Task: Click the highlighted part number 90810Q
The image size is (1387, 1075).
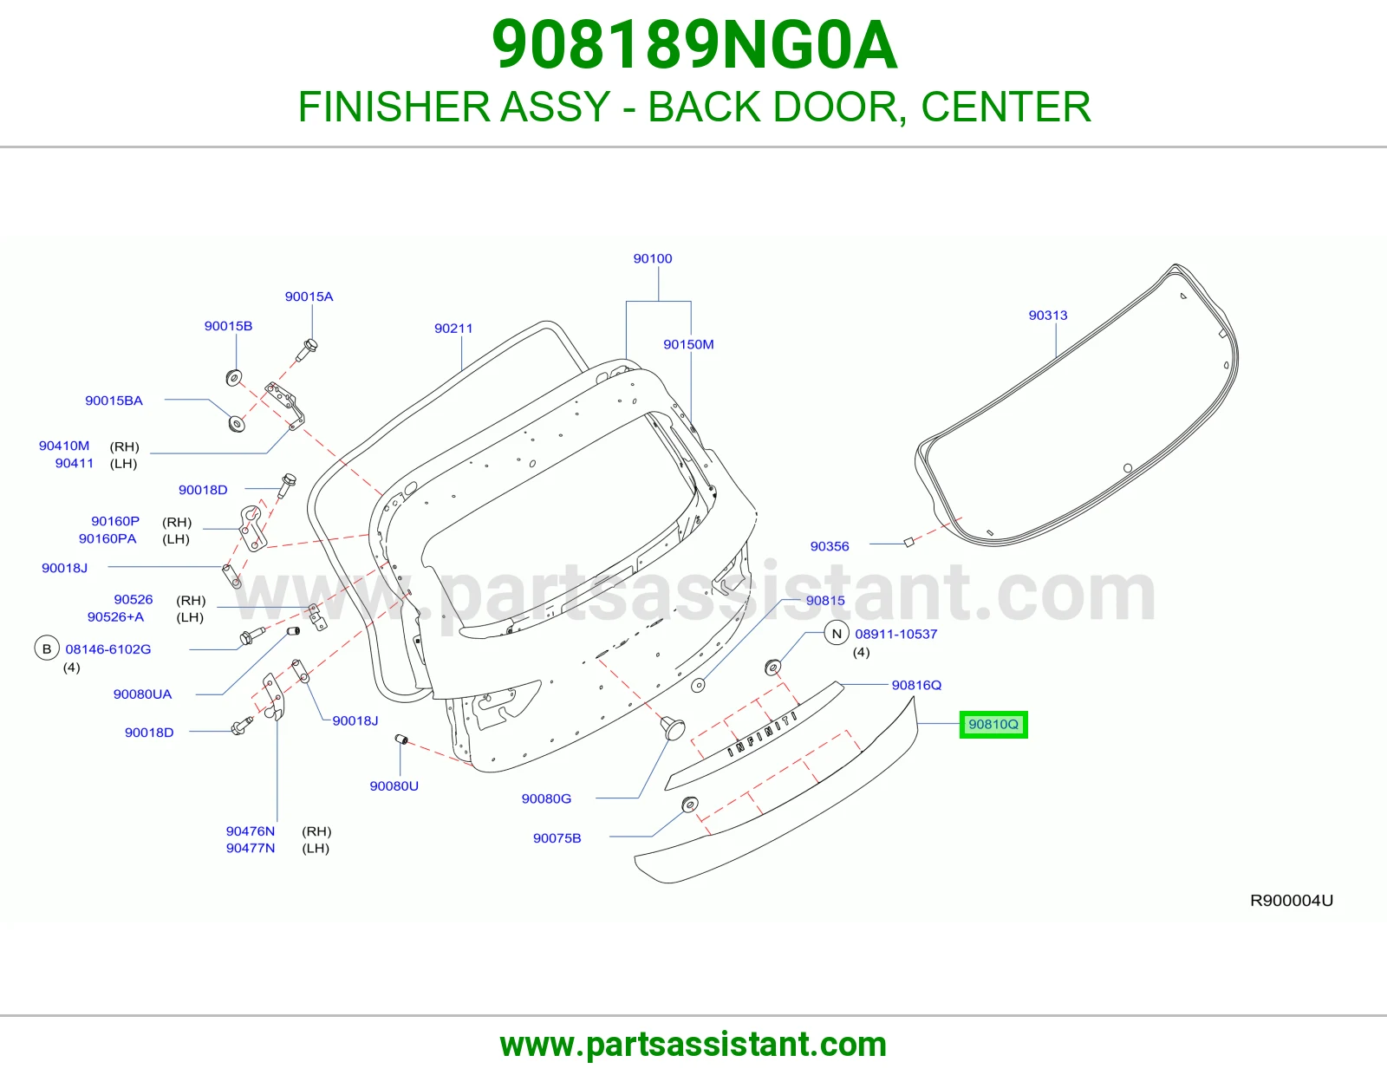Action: point(993,724)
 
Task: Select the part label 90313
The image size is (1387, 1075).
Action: point(1047,315)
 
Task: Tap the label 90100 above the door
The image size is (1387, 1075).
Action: point(653,258)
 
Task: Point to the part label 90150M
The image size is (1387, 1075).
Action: point(688,344)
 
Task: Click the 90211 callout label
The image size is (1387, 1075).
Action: point(453,328)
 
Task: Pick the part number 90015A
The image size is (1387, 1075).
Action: point(309,296)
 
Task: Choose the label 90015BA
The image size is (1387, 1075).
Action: point(114,401)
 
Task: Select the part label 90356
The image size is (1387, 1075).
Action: point(829,546)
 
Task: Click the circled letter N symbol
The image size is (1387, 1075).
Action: point(837,633)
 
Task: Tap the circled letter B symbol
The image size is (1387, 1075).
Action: point(47,648)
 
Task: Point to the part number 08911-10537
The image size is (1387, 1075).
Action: point(896,634)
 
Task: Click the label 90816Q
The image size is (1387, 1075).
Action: point(916,685)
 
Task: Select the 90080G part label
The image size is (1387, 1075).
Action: point(546,798)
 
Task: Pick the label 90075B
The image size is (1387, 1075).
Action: point(557,838)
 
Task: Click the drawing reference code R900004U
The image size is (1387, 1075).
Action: point(1292,900)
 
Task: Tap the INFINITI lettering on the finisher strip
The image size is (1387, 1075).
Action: point(762,734)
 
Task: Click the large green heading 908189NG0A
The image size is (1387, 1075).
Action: point(694,44)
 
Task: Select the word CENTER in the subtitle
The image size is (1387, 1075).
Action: point(1006,107)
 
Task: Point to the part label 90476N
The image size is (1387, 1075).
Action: point(251,831)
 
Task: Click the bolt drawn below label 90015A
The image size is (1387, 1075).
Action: point(307,350)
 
